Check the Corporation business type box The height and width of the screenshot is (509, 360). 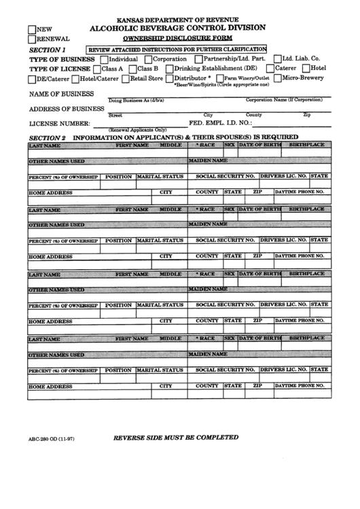[x=148, y=59]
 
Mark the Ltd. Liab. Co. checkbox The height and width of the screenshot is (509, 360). [x=276, y=59]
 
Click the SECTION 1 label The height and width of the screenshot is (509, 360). [x=48, y=50]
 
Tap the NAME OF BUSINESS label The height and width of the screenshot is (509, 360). [x=61, y=93]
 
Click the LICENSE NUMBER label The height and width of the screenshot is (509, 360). [x=59, y=124]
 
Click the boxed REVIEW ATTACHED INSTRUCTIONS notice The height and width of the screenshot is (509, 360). [x=176, y=49]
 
